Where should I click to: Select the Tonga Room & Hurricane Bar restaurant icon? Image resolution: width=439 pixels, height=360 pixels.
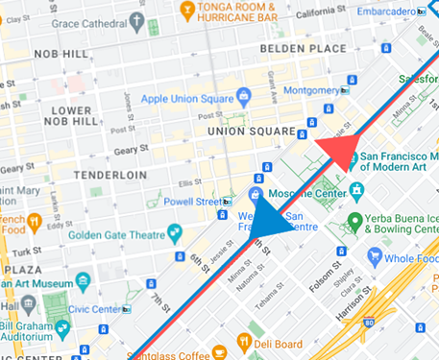[x=185, y=12]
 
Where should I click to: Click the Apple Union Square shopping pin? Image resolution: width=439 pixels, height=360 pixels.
[x=243, y=96]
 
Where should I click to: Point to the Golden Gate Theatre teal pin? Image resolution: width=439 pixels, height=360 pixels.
[x=174, y=233]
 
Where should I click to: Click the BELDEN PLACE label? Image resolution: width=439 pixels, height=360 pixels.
[x=305, y=48]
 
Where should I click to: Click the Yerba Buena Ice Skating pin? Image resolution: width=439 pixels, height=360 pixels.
[x=354, y=223]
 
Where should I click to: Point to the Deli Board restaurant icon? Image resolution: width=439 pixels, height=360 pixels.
[x=244, y=343]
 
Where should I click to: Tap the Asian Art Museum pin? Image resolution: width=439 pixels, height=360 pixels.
[x=82, y=283]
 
